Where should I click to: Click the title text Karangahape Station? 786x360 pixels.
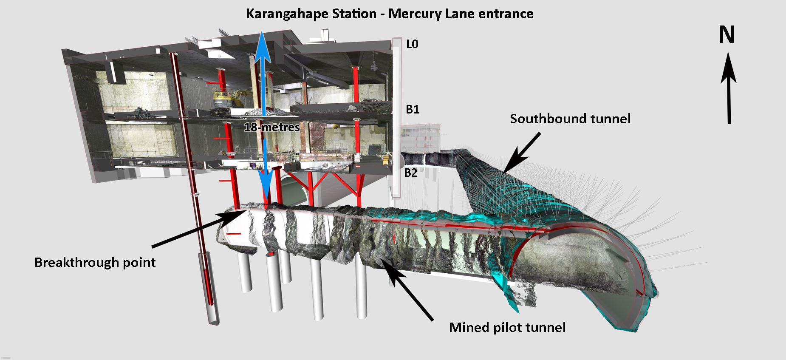coord(311,14)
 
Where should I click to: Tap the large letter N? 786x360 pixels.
coord(727,35)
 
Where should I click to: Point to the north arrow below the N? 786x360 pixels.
coord(729,89)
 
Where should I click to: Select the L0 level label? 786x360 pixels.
coord(412,44)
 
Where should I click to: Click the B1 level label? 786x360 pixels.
coord(413,110)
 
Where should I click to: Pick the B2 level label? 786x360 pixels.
coord(411,173)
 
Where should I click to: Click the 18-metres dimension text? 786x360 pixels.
coord(272,127)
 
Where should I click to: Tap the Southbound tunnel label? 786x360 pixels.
coord(570,119)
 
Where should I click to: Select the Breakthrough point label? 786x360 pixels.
coord(95,262)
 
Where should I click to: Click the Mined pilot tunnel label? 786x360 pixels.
coord(507,327)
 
